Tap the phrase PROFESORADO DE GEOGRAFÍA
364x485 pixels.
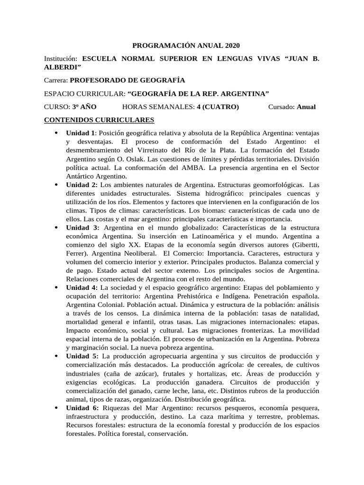click(x=127, y=80)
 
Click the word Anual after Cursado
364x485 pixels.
click(x=306, y=107)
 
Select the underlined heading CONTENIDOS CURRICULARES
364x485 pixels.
click(x=96, y=120)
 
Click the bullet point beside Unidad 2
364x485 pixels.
click(x=56, y=185)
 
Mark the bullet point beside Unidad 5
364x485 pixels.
click(x=56, y=356)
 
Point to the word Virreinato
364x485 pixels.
click(x=136, y=150)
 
